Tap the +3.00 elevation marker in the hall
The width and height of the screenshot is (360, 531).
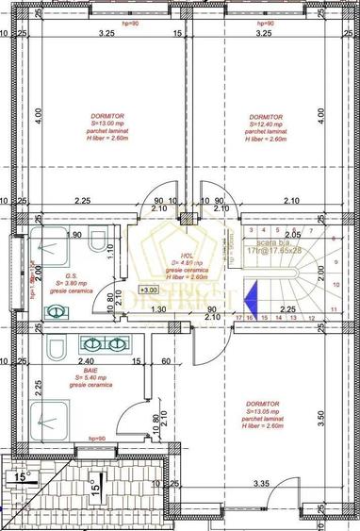[148, 290]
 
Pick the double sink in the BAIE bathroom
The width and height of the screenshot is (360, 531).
[106, 343]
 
